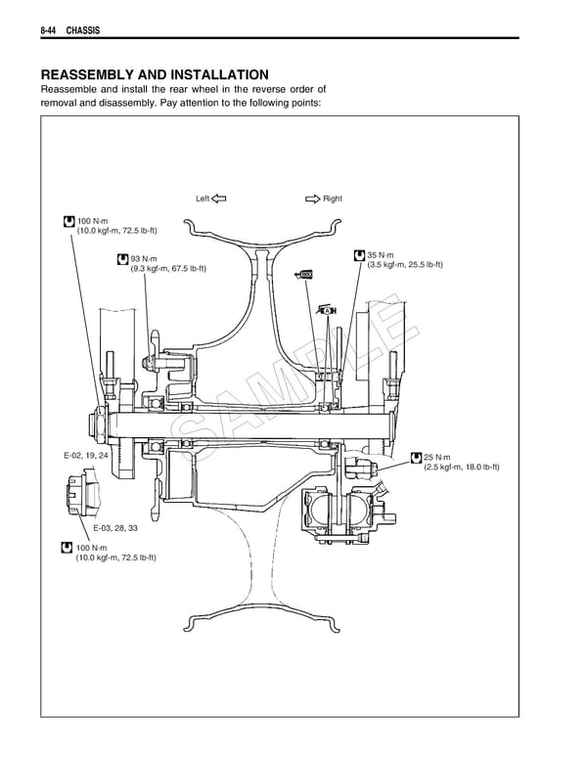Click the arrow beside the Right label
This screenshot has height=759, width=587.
pos(312,199)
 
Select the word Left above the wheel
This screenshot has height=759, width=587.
pos(203,199)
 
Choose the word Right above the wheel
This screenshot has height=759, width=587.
pos(333,199)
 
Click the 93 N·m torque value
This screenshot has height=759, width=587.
pos(144,259)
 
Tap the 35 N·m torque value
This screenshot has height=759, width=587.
pos(381,255)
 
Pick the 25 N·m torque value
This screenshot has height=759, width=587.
pos(437,457)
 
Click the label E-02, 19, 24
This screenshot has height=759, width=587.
pos(86,456)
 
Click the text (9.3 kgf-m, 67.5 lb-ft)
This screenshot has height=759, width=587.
pos(168,270)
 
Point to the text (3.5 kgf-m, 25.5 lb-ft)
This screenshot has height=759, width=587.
pos(405,265)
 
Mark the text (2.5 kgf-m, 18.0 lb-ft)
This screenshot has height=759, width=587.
pos(462,468)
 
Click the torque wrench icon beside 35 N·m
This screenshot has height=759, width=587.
pos(360,255)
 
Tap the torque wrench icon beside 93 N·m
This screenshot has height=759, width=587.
pos(122,259)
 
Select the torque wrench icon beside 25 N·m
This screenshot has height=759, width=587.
pos(417,457)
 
